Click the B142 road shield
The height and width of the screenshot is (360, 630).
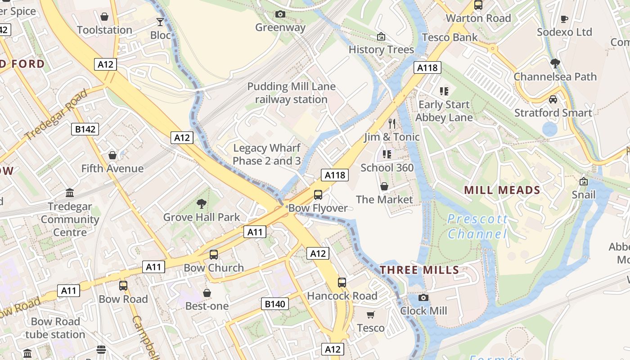85,130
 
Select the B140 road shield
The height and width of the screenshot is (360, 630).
274,304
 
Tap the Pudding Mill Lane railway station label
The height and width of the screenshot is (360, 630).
291,93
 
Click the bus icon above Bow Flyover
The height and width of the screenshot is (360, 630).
318,194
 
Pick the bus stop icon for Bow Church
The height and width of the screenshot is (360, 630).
214,255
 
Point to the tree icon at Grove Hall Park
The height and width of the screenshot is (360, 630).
201,204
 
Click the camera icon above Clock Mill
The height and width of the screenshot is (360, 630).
423,297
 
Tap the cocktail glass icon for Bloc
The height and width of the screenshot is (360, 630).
160,22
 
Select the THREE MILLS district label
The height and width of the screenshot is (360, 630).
419,270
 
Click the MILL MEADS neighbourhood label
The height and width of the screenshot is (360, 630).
502,190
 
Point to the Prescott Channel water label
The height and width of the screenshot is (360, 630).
477,226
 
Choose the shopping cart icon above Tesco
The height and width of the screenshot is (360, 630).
370,315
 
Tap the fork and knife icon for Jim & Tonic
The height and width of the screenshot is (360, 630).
392,123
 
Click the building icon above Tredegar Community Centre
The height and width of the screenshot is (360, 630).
70,193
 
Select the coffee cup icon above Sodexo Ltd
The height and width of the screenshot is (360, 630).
564,19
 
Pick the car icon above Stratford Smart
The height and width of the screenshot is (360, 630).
553,99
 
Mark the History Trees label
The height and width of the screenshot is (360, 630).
381,49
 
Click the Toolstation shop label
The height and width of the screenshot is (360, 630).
104,30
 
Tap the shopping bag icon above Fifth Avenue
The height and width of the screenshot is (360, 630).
112,155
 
